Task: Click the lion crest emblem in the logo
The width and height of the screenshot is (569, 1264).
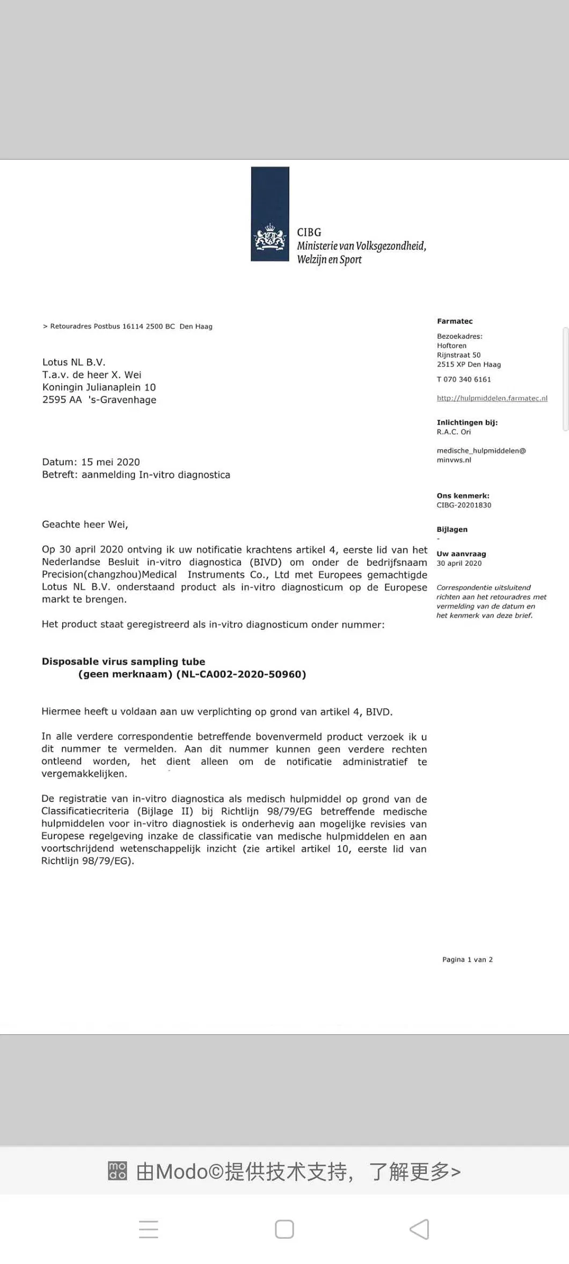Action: (270, 238)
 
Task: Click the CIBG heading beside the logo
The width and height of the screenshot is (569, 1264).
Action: (309, 232)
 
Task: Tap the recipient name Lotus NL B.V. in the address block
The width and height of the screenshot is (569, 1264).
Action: (74, 362)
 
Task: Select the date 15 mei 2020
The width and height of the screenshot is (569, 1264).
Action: (111, 462)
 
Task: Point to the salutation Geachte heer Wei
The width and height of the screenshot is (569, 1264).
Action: (85, 524)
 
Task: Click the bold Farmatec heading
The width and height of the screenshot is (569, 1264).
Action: (455, 321)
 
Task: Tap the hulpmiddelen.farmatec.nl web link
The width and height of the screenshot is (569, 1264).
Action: (492, 398)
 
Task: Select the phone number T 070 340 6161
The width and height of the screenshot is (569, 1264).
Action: (464, 379)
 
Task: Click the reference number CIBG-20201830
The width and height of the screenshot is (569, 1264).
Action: (464, 505)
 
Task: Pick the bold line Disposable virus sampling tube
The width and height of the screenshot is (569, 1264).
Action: (123, 662)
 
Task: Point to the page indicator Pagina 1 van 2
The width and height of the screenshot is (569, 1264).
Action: (467, 960)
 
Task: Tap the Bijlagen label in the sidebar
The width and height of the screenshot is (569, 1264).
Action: (452, 529)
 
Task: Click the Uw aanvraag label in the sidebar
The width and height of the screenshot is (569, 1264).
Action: (461, 554)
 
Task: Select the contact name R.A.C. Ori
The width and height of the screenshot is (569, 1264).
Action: (454, 432)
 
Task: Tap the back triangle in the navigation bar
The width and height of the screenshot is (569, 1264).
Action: (419, 1229)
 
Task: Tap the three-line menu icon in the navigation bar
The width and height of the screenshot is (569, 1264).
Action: (149, 1229)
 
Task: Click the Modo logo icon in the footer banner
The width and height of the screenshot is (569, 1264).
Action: (118, 1171)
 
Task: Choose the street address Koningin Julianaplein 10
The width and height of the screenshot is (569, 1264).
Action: (99, 388)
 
